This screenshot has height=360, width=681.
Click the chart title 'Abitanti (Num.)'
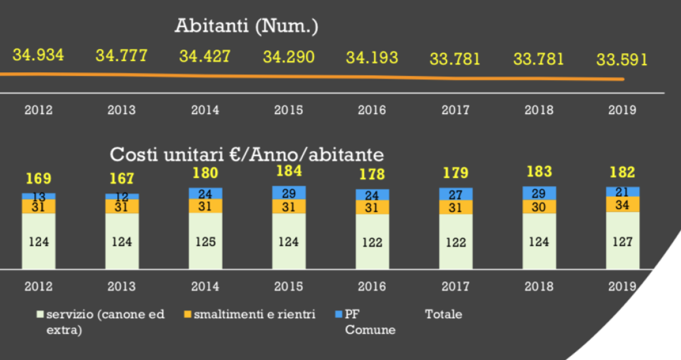pyautogui.click(x=246, y=26)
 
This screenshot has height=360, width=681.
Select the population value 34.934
pyautogui.click(x=38, y=56)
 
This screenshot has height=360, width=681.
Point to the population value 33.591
pyautogui.click(x=622, y=60)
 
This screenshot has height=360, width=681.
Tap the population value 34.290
pyautogui.click(x=289, y=57)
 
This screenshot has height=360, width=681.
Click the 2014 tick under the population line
pyautogui.click(x=205, y=110)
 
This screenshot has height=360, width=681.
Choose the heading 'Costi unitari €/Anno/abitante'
pyautogui.click(x=247, y=155)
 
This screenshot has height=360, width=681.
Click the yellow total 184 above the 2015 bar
pyautogui.click(x=289, y=172)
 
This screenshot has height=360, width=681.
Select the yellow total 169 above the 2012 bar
pyautogui.click(x=38, y=179)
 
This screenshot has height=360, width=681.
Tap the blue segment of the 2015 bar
pyautogui.click(x=289, y=192)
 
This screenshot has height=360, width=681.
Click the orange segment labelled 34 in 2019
pyautogui.click(x=622, y=204)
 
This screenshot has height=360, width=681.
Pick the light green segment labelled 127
pyautogui.click(x=622, y=241)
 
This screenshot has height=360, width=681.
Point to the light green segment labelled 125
pyautogui.click(x=205, y=241)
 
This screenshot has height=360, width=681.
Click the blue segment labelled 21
pyautogui.click(x=622, y=192)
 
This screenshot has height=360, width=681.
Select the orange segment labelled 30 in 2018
pyautogui.click(x=539, y=207)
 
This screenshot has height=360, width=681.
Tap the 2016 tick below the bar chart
pyautogui.click(x=372, y=287)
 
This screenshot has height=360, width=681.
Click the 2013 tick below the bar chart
pyautogui.click(x=121, y=287)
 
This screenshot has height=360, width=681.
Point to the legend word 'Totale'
pyautogui.click(x=443, y=314)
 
